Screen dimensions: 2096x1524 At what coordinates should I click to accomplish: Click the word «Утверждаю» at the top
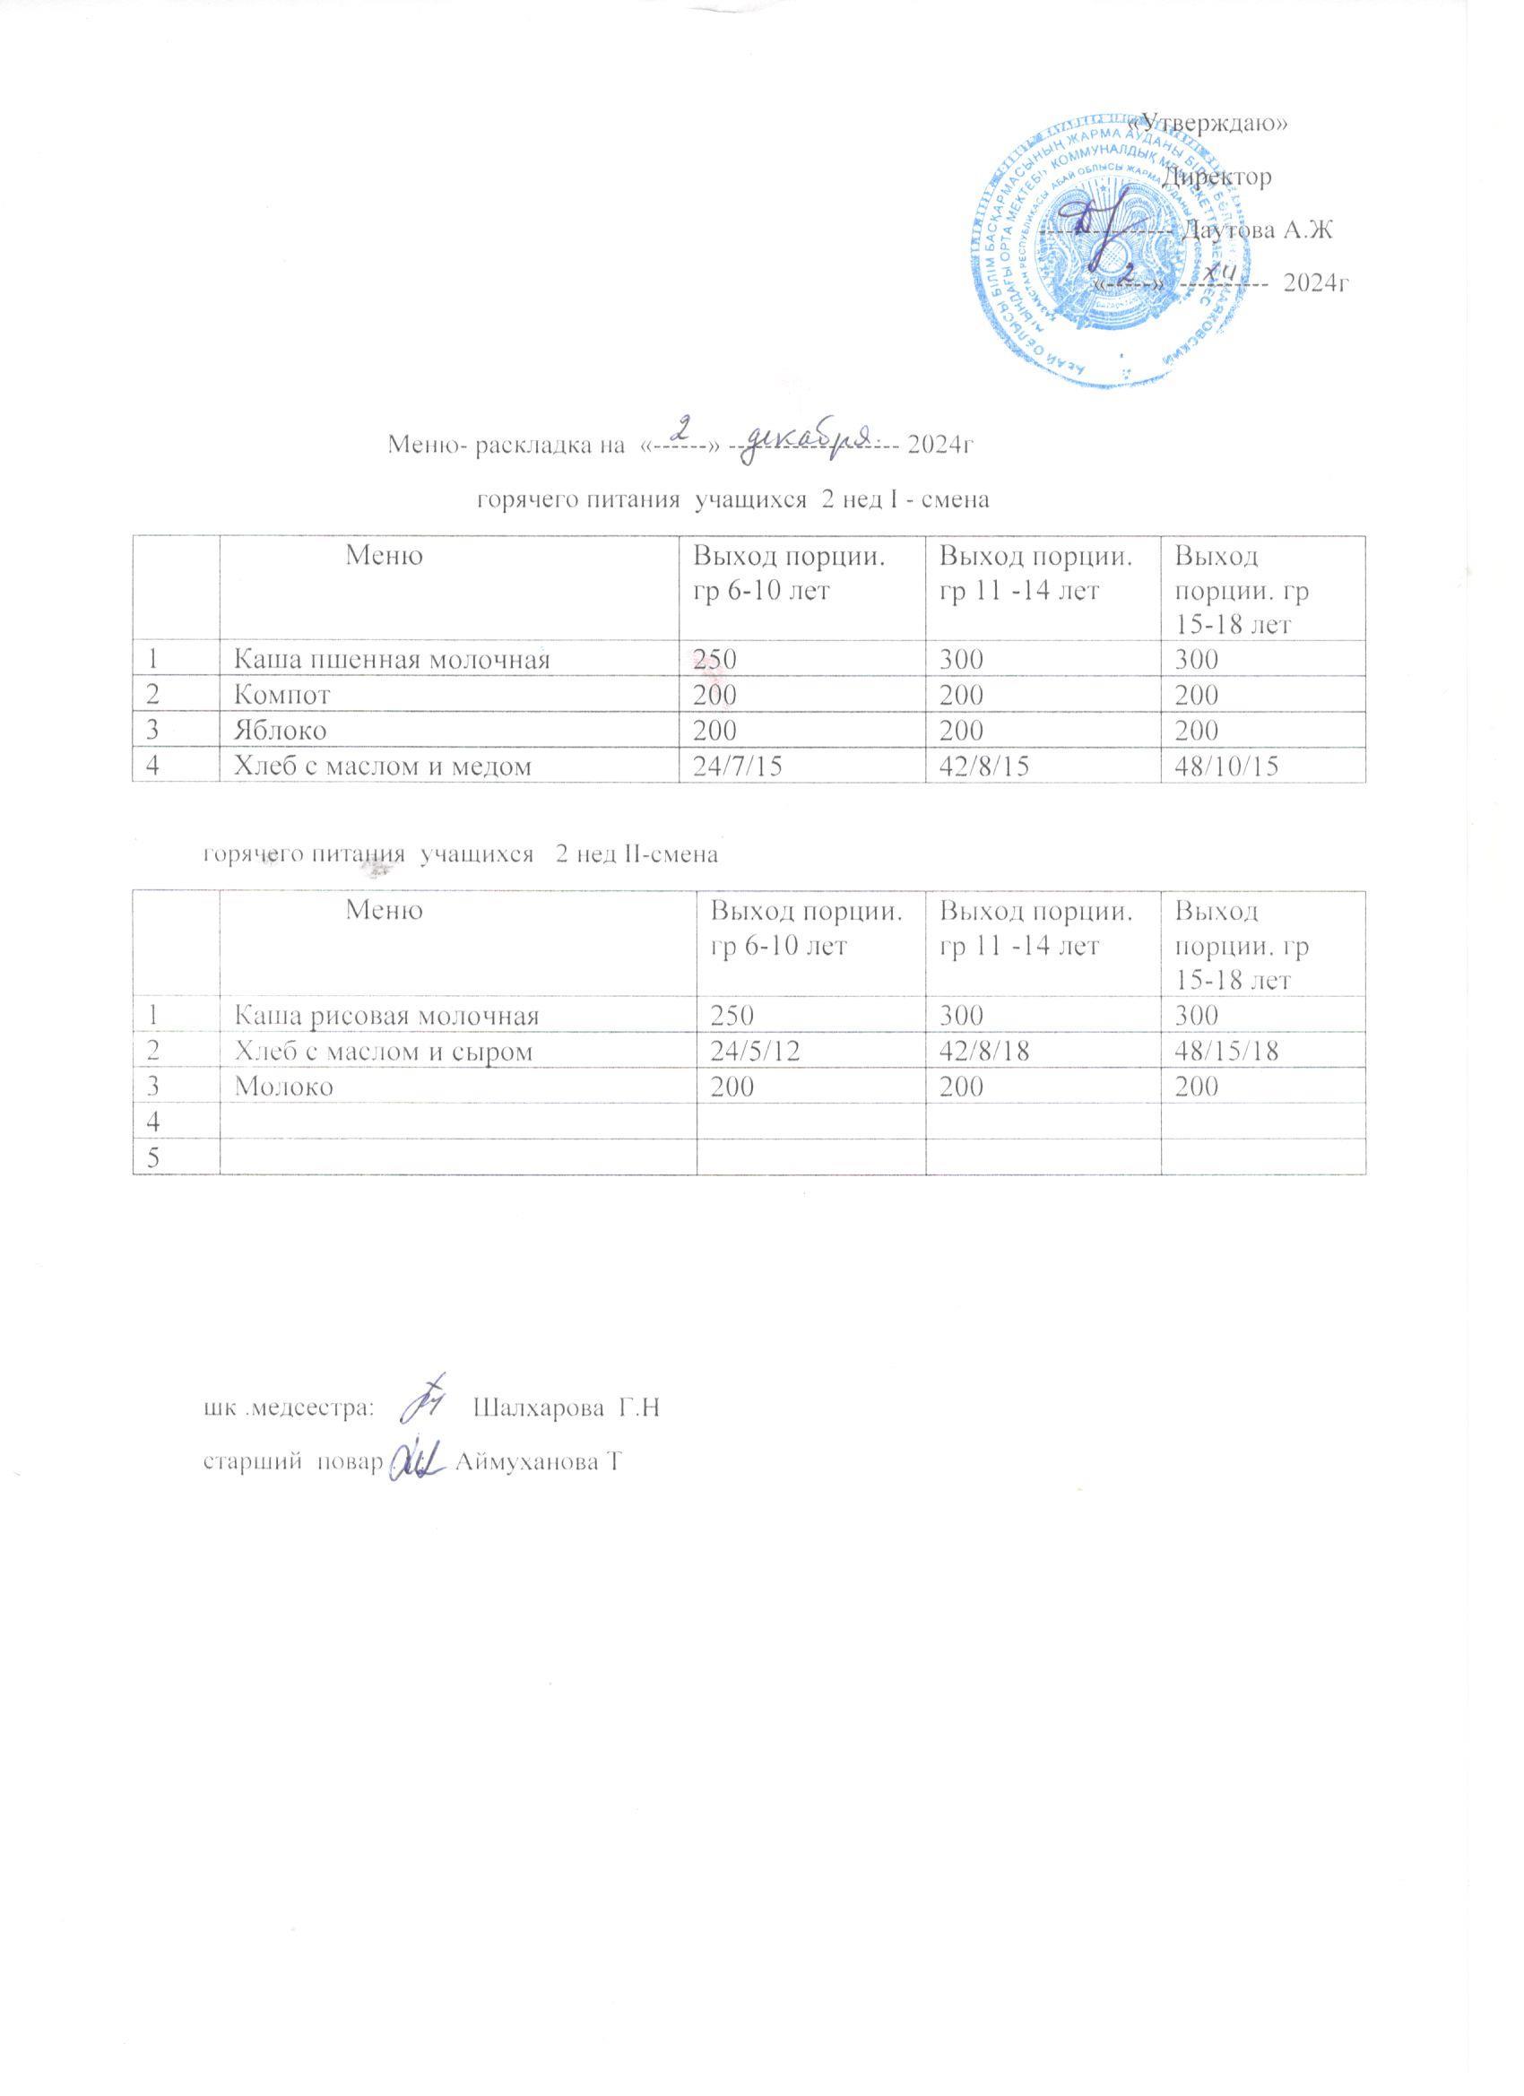pos(1212,125)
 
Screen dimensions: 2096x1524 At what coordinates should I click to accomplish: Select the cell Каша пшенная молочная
pos(392,659)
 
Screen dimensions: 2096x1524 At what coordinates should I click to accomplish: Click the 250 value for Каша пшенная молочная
pos(716,659)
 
